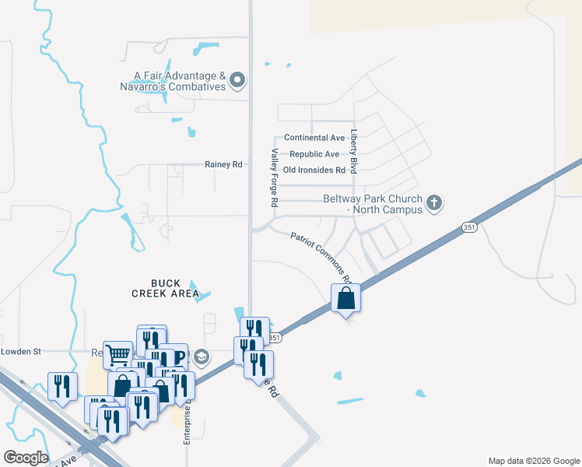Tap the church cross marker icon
[x=435, y=204]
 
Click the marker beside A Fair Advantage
[x=238, y=80]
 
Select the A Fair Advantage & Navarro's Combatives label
[x=180, y=81]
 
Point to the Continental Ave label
[x=314, y=138]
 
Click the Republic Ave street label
[x=314, y=154]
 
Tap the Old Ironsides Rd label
[x=314, y=170]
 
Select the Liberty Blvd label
[x=353, y=151]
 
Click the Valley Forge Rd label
[x=274, y=177]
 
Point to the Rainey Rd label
[x=223, y=164]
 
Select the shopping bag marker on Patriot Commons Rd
[x=345, y=298]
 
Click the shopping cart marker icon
[x=117, y=354]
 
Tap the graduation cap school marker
[x=202, y=357]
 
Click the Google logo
[x=26, y=457]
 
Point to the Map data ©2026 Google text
[x=533, y=461]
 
